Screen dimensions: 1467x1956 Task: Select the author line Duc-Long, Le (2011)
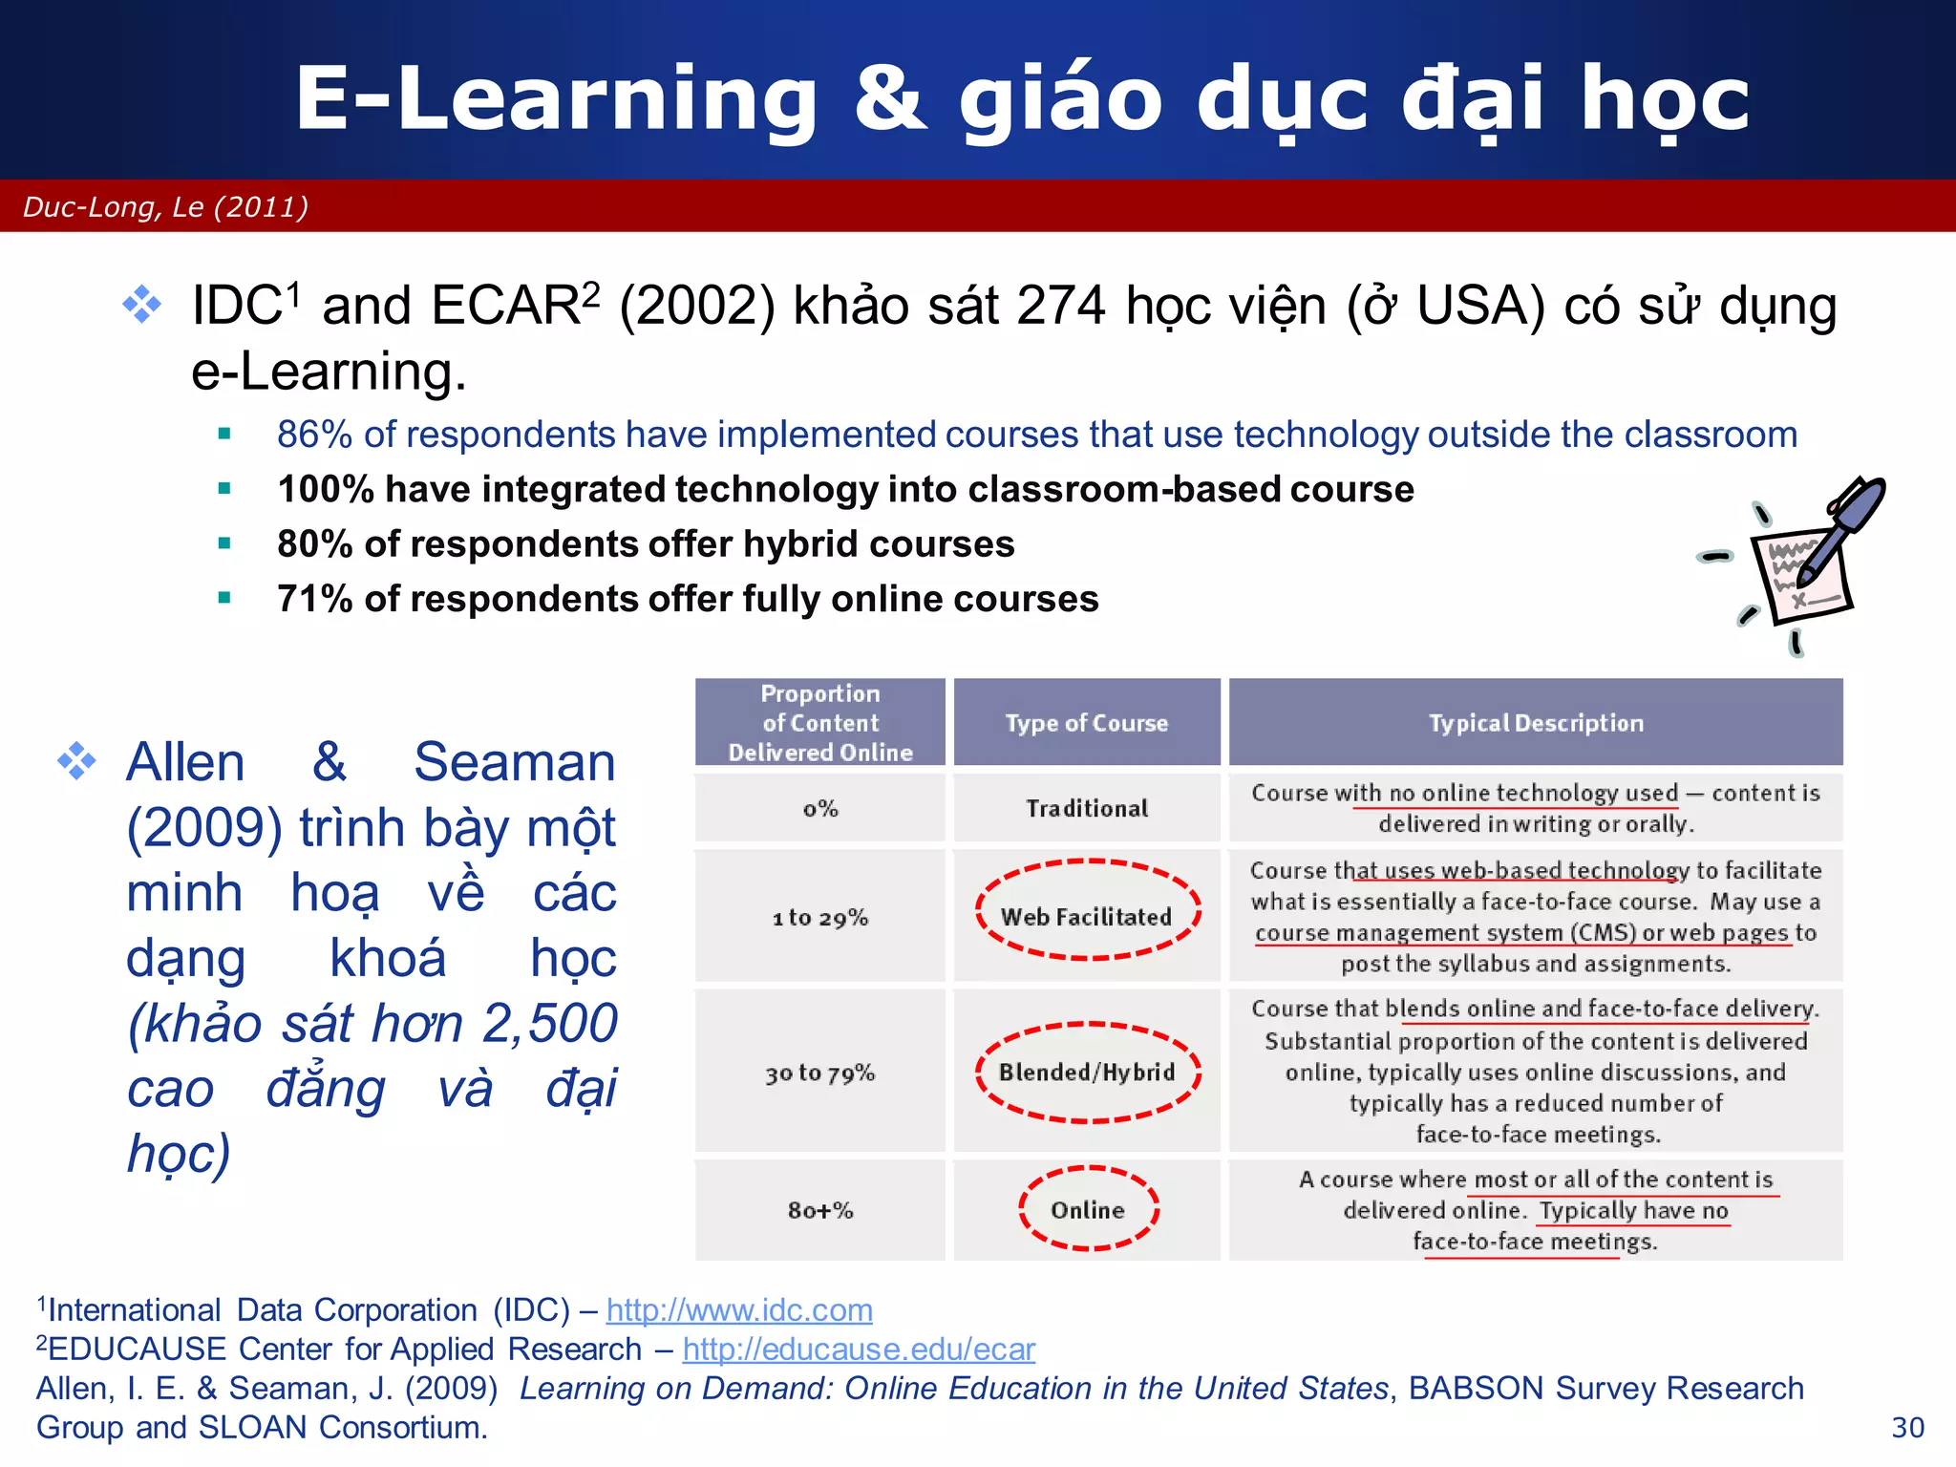coord(165,206)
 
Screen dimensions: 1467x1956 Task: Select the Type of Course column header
coord(1087,723)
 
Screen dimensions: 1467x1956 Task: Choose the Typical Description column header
coord(1536,723)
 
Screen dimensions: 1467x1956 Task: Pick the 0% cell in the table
coord(820,809)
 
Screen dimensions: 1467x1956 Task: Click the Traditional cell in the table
coord(1087,809)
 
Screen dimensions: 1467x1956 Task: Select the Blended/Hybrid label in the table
coord(1087,1073)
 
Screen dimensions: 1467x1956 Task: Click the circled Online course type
coord(1088,1210)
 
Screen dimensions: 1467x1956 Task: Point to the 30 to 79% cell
coord(820,1074)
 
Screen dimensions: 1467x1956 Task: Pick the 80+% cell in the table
coord(820,1210)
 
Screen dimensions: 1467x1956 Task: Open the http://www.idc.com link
coord(739,1309)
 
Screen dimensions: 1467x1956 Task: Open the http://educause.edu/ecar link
coord(859,1349)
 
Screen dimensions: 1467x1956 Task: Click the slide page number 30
coord(1907,1427)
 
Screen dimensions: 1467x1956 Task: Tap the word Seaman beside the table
coord(514,762)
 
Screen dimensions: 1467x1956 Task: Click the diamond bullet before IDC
coord(142,305)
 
